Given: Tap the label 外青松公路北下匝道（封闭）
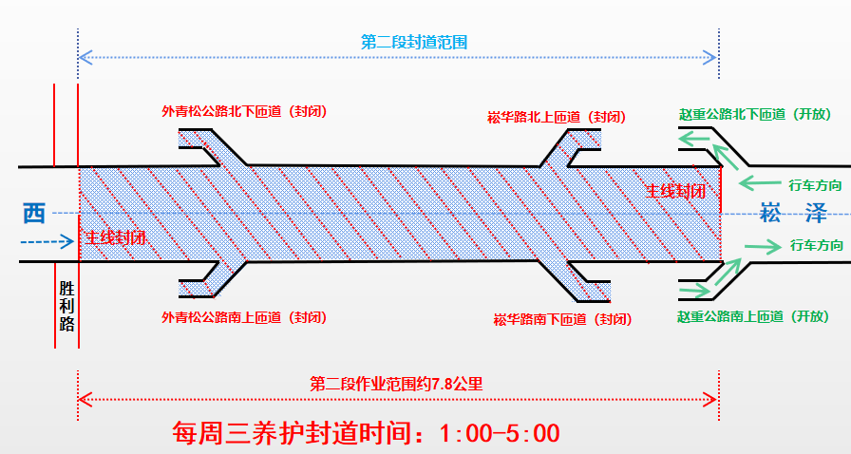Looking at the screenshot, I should pos(244,111).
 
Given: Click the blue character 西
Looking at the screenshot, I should pos(34,213).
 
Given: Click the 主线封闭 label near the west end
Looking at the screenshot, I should pos(115,237).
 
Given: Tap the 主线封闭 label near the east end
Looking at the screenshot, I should pos(675,190).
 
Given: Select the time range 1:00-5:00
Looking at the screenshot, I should pos(500,433).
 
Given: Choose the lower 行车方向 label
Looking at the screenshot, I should pos(815,245).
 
